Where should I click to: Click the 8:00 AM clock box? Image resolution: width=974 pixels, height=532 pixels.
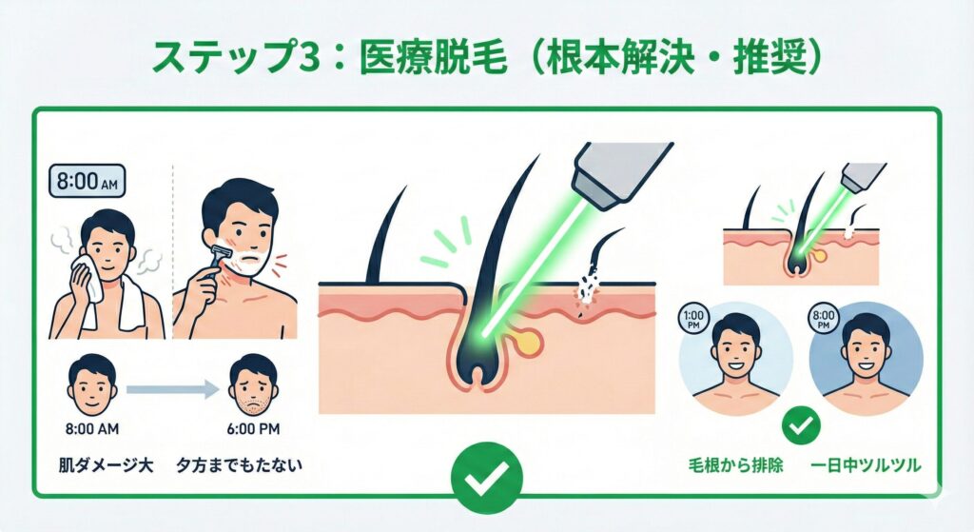coord(87,182)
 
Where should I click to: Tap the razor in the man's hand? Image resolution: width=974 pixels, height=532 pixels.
coord(220,260)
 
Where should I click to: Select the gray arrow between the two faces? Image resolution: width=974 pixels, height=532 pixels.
coord(173,389)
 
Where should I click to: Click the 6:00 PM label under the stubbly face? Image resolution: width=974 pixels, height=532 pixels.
coord(253,429)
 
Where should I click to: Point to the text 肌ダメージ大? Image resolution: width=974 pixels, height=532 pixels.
coord(106,464)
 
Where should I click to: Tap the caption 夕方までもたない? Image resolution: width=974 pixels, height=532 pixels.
coord(240,464)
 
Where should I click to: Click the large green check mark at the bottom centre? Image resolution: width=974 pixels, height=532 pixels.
coord(486,479)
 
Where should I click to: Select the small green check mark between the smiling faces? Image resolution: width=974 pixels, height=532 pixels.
coord(801,425)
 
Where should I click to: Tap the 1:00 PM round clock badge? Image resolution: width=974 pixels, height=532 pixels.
coord(692,319)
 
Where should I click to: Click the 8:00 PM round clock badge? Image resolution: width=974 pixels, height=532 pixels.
coord(824,319)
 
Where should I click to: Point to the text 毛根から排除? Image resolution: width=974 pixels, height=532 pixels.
coord(735,464)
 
